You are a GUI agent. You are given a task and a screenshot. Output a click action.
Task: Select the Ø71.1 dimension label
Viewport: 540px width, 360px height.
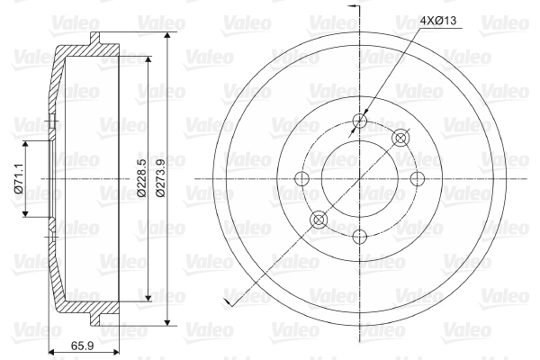(18, 179)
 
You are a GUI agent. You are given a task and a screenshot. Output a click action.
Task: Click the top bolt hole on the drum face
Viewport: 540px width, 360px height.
(360, 121)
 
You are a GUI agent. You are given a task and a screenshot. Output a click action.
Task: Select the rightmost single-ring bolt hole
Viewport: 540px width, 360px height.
(417, 178)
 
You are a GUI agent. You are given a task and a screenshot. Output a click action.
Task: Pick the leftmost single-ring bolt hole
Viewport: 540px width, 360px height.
(303, 178)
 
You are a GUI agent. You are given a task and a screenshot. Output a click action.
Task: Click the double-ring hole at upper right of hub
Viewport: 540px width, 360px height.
(401, 138)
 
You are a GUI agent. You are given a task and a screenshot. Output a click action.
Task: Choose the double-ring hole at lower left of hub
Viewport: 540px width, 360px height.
(319, 220)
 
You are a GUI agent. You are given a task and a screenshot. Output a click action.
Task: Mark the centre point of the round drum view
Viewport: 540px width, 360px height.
(360, 178)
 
